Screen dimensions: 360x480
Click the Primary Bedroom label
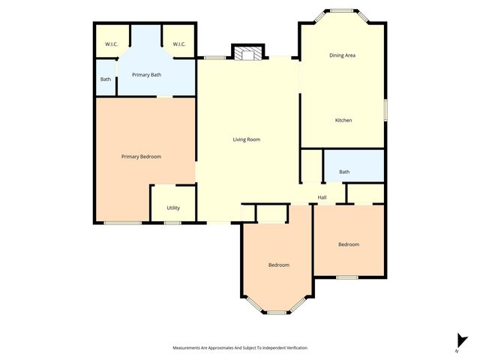tap(141, 157)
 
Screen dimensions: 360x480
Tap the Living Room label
tap(246, 139)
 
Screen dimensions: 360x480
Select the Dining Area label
tap(342, 55)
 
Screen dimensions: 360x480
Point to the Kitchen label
tap(343, 121)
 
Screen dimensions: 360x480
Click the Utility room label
tap(172, 208)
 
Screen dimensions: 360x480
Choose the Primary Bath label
tap(146, 75)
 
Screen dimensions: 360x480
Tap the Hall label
tap(322, 197)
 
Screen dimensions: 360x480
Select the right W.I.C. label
tap(179, 45)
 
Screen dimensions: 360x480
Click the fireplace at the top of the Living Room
tap(247, 52)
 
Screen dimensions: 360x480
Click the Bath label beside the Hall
tap(344, 172)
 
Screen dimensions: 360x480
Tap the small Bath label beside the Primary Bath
tap(106, 79)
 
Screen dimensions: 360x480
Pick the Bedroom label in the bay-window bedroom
tap(279, 265)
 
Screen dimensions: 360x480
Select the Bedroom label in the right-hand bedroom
tap(348, 244)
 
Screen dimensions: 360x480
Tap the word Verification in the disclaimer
tap(294, 348)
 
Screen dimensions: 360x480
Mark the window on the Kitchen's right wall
tap(386, 109)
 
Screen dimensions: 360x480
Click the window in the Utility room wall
tap(172, 223)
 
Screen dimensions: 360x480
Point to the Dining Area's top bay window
tap(343, 10)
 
